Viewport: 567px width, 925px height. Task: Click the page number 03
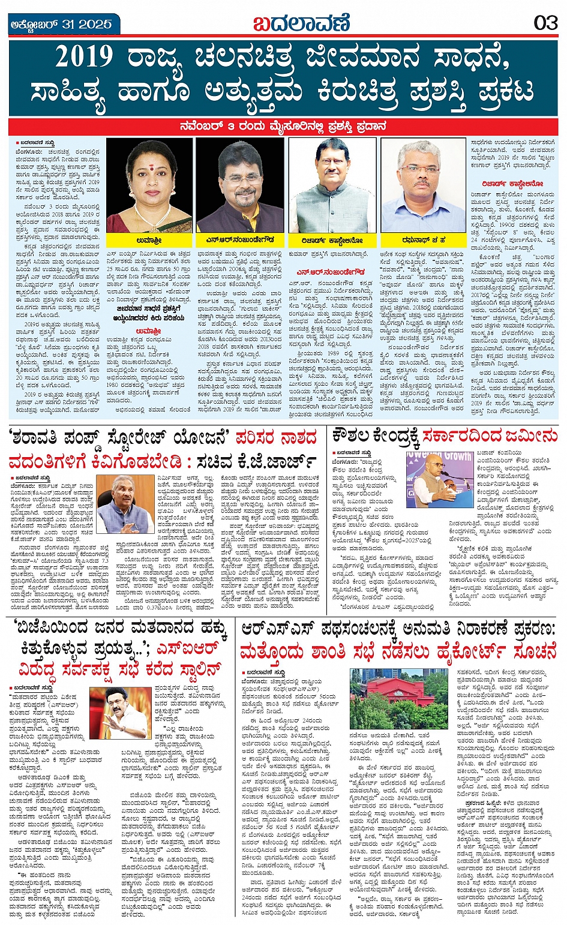(545, 23)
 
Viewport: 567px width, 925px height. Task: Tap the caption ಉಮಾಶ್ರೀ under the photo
(149, 240)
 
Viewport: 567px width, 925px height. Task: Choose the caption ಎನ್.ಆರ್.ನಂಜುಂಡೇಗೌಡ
(241, 240)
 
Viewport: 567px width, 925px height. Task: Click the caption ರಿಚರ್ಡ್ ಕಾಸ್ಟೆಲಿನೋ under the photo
(332, 240)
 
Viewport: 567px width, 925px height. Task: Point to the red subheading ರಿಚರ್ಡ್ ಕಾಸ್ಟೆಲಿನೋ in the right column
(512, 184)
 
